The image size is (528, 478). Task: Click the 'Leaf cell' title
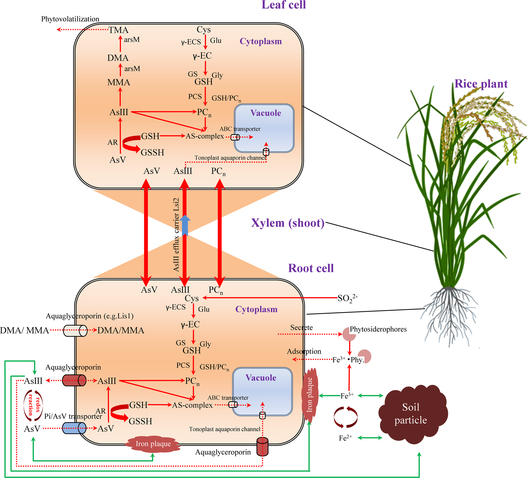[x=284, y=4]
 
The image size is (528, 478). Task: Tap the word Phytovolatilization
[x=70, y=19]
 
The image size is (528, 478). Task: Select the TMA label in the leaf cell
[x=118, y=30]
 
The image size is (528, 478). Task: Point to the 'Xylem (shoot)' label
[x=288, y=223]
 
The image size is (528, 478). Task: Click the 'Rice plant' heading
[x=481, y=84]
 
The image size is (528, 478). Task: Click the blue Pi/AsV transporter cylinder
[x=74, y=428]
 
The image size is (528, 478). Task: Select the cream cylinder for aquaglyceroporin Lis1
[x=75, y=330]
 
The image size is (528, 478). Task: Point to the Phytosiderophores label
[x=378, y=329]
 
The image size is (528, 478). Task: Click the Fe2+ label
[x=346, y=438]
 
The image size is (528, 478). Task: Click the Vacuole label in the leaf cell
[x=266, y=113]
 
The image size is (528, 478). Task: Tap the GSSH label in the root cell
[x=140, y=421]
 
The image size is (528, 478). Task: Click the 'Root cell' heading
[x=311, y=268]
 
